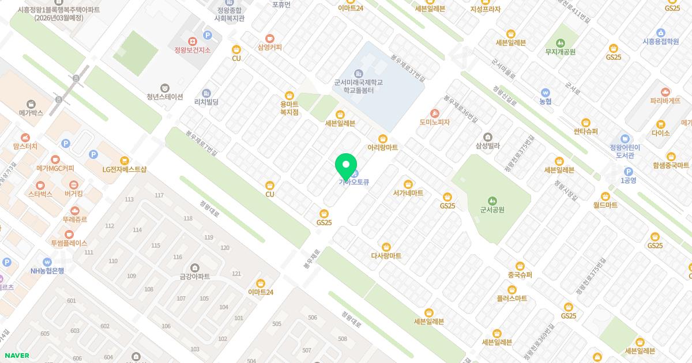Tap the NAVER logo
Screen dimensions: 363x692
(x=17, y=356)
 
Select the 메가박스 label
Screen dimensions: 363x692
(x=31, y=113)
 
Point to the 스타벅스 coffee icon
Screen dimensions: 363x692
(x=40, y=185)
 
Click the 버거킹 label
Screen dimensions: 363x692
(x=74, y=194)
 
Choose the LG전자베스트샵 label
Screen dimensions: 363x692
(x=125, y=169)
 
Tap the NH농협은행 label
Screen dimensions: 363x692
(x=47, y=271)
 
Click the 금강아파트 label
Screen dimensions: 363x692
(x=194, y=277)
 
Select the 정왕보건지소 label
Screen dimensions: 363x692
(x=192, y=50)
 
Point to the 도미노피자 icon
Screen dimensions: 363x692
(x=434, y=114)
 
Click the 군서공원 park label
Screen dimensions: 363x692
(x=492, y=210)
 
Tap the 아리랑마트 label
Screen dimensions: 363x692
(x=383, y=148)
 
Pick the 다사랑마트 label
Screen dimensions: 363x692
(x=386, y=256)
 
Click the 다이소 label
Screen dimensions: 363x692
(x=661, y=133)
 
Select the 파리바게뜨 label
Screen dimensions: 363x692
(x=665, y=101)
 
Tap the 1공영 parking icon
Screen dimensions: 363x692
(x=628, y=171)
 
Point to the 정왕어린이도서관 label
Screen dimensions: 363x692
(x=625, y=151)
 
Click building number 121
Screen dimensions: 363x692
(x=236, y=274)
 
